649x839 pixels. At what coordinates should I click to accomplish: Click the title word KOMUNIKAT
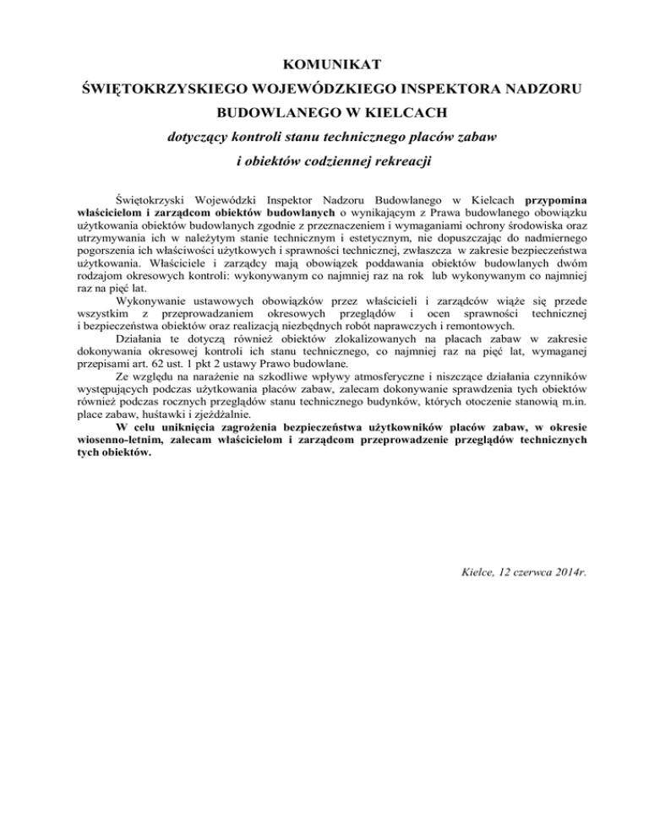325,61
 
